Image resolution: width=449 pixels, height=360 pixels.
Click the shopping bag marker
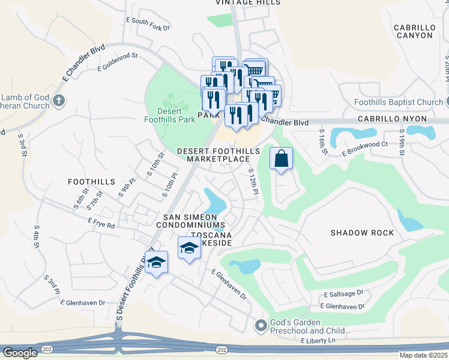click(281, 159)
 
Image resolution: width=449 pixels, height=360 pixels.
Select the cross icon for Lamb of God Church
click(58, 101)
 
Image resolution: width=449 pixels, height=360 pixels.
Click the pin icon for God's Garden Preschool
click(261, 325)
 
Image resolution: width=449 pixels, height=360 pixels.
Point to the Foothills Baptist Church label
click(398, 102)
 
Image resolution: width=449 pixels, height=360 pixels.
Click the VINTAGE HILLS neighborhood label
click(248, 3)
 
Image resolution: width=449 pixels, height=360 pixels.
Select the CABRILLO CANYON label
click(413, 31)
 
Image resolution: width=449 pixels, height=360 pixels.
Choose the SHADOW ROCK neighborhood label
click(362, 233)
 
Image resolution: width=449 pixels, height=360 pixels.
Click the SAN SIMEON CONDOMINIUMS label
click(191, 220)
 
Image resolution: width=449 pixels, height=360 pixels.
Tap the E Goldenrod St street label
click(118, 62)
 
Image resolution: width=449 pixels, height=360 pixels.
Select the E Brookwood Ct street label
click(365, 149)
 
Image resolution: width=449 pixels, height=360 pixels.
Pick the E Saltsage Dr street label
click(343, 294)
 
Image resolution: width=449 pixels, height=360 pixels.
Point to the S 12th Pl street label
click(253, 181)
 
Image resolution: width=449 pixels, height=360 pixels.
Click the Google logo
click(20, 352)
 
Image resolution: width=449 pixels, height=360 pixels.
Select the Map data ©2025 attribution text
click(423, 355)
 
